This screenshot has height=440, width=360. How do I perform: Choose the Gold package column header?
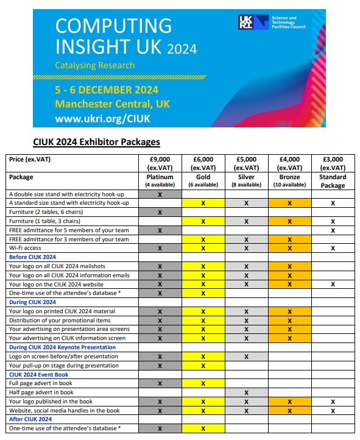203,180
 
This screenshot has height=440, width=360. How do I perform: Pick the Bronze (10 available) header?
290,180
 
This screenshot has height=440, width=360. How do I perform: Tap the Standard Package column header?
333,181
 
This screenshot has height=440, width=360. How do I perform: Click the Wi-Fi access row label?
26,248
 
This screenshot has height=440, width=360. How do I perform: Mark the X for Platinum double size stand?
160,194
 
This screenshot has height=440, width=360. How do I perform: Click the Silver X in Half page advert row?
246,392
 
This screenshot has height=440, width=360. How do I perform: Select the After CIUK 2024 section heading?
30,419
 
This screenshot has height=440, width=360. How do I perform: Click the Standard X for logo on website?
333,284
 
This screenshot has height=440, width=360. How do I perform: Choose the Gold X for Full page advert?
203,383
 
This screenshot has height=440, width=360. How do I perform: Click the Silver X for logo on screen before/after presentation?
246,357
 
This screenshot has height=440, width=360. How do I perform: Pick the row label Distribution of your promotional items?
60,320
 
